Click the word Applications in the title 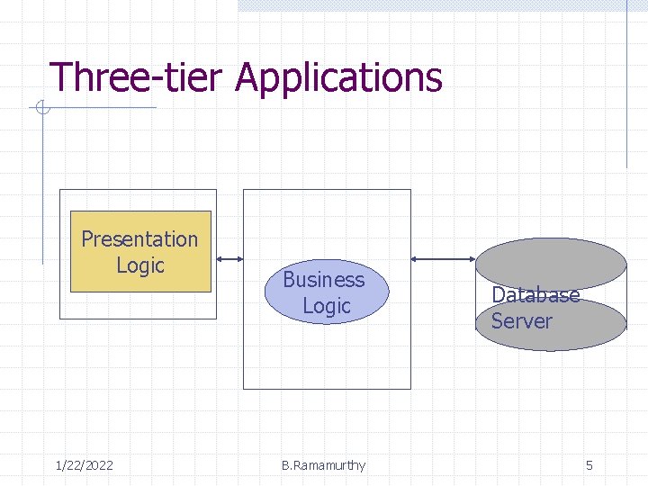(x=338, y=79)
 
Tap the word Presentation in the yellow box (x=139, y=239)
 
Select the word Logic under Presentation (x=140, y=265)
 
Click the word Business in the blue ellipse (x=324, y=280)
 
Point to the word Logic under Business (x=326, y=306)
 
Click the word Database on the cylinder (x=535, y=295)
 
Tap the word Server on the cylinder (x=521, y=321)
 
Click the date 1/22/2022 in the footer (x=84, y=465)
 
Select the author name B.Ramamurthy (x=323, y=465)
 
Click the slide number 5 (x=589, y=465)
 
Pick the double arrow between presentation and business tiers (x=230, y=258)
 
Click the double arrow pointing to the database (x=442, y=259)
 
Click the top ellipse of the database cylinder (x=550, y=261)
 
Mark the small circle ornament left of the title (x=40, y=110)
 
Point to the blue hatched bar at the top (x=432, y=5)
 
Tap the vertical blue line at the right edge (x=626, y=90)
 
